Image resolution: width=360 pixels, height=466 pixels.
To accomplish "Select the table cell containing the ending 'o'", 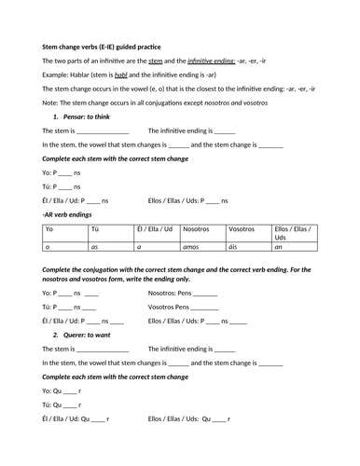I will (x=48, y=247).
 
